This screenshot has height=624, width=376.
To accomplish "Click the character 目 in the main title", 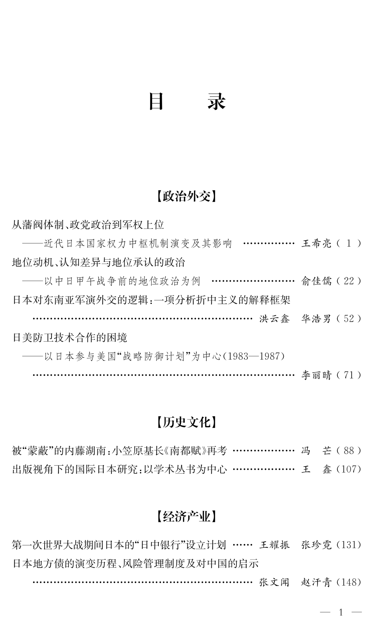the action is (x=156, y=102).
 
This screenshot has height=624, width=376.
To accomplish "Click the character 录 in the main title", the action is (x=217, y=102).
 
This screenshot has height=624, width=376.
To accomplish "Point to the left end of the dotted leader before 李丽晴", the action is (x=33, y=375).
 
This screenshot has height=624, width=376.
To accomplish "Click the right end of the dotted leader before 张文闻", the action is (x=252, y=582).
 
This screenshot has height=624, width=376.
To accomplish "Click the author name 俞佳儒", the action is (x=316, y=281).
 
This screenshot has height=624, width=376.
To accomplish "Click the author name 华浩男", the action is (x=316, y=319).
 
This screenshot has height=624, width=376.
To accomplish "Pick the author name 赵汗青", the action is (x=316, y=582).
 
